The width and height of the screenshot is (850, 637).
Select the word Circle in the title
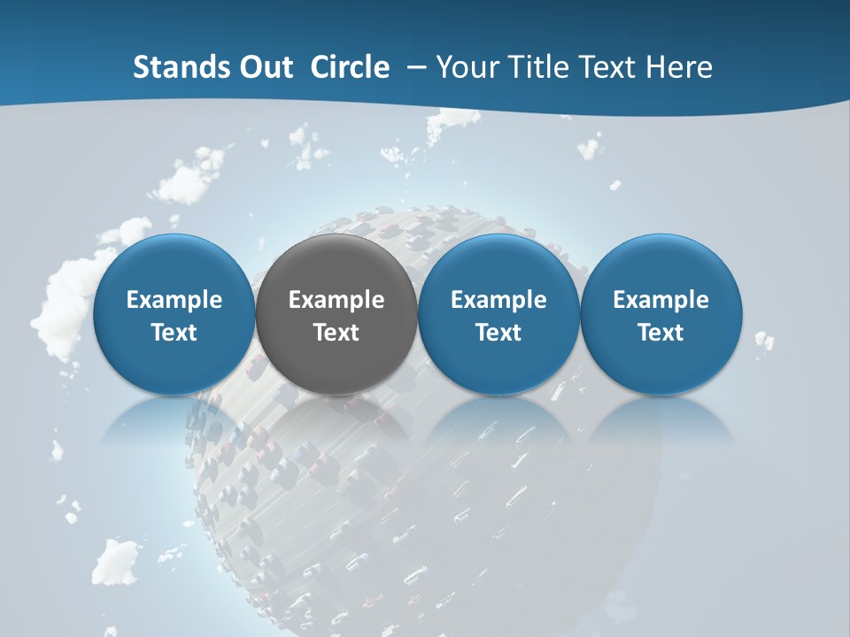[350, 67]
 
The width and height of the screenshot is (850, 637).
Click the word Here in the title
[680, 67]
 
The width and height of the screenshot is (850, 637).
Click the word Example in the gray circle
[336, 301]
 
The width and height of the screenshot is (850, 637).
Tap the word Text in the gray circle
[336, 333]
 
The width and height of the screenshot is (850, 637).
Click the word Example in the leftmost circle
[174, 301]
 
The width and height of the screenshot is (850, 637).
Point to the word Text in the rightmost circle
[661, 333]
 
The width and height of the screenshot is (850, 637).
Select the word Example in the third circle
[498, 301]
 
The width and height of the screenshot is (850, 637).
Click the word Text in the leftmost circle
[174, 333]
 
